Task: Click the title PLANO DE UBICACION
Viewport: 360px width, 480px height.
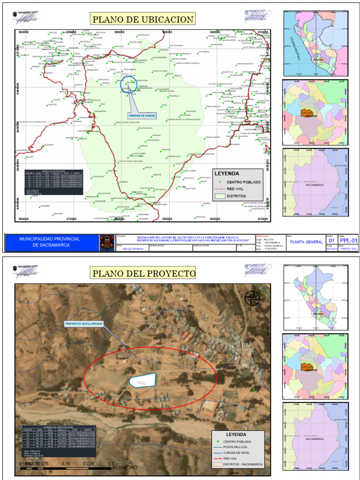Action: [x=142, y=19]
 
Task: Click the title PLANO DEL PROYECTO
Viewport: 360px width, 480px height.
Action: [x=143, y=273]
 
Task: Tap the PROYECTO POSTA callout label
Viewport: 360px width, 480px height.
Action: [x=142, y=115]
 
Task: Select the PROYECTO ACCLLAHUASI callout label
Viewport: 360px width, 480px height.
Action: [x=83, y=324]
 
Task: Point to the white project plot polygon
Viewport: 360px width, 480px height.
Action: [x=142, y=380]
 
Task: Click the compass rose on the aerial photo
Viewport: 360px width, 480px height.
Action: [x=252, y=298]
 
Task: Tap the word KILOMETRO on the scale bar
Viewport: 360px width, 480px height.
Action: [x=125, y=468]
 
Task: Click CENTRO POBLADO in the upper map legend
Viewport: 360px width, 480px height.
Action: [x=244, y=182]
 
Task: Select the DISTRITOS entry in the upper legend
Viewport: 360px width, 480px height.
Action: [x=237, y=196]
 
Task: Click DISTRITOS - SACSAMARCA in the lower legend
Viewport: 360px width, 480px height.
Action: [x=243, y=464]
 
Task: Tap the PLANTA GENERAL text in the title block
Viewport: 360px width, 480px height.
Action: [x=306, y=242]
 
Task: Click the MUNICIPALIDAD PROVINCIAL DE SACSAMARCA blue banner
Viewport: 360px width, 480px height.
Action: [x=49, y=242]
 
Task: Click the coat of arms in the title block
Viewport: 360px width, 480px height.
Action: [x=106, y=242]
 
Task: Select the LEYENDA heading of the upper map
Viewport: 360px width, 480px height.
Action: [x=227, y=173]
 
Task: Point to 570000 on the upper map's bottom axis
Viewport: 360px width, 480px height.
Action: [x=71, y=219]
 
